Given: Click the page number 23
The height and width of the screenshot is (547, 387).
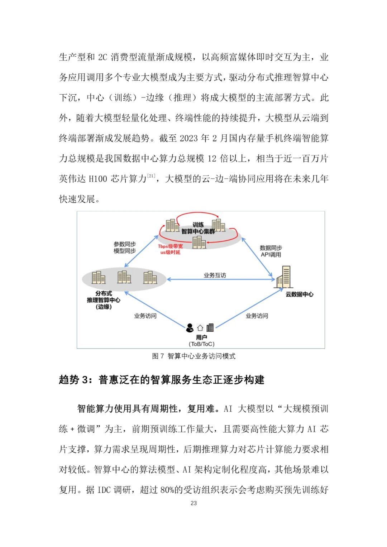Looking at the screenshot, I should pos(193,503).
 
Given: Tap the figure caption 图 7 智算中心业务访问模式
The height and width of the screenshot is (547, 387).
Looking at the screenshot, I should pos(193,356).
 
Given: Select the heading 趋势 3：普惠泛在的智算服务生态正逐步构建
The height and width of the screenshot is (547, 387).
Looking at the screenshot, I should pos(162,380).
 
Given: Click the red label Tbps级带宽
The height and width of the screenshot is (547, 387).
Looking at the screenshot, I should pos(170,246).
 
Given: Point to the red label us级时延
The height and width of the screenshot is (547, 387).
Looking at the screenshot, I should pos(170,253).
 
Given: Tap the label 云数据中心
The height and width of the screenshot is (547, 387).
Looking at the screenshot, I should pos(299,294).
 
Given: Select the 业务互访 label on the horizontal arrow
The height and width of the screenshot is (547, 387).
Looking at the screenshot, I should pos(215,275).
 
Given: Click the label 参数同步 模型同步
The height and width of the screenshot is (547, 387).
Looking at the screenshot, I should pos(125,248).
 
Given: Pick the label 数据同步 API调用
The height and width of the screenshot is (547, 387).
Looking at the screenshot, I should pos(271,251).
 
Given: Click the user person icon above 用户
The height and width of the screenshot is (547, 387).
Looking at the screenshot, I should pos(190,327).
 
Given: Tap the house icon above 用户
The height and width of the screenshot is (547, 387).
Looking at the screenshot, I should pos(200,328).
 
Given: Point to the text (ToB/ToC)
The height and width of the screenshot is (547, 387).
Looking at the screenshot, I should pos(201,344).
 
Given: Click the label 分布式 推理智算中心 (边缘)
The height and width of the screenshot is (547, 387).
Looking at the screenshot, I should pos(104,300).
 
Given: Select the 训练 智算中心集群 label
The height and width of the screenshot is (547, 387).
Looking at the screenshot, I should pos(198,228).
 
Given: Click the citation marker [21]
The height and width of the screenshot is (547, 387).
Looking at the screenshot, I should pos(151,176).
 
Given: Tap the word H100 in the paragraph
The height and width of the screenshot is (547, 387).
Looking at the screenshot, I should pos(98,179).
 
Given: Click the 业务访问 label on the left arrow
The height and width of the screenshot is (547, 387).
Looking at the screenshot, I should pos(145,316).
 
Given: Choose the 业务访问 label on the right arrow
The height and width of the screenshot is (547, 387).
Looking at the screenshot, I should pos(257,316).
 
